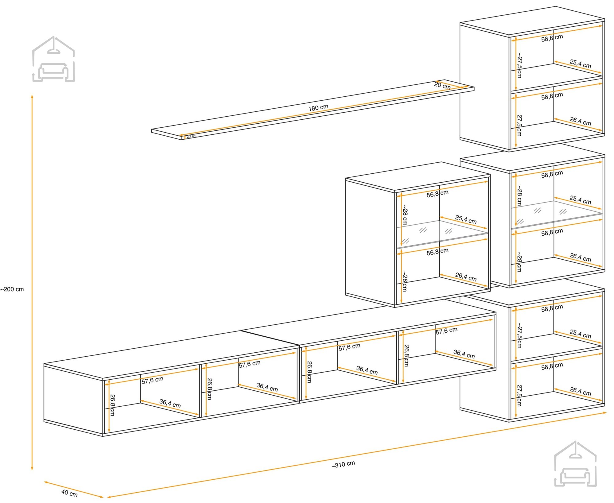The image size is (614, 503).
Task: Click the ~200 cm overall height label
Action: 12,289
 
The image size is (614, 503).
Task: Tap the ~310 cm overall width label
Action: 343,464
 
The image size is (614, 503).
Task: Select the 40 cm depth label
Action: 69,493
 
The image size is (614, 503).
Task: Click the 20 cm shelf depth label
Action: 442,85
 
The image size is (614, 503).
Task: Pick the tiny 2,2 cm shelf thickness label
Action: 192,136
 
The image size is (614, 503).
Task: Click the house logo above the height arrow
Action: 54,59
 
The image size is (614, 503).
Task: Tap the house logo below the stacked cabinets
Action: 575,464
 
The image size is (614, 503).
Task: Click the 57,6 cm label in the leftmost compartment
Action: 153,380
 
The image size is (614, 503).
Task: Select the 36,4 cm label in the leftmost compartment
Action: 170,403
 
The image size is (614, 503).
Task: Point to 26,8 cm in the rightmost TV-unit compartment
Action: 406,356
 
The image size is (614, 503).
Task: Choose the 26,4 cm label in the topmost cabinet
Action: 580,121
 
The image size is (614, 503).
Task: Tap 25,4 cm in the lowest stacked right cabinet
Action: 580,334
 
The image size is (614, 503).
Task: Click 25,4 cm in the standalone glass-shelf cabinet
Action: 466,219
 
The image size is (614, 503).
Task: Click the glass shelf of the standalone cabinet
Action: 442,233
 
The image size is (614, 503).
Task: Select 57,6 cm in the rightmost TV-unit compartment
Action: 447,331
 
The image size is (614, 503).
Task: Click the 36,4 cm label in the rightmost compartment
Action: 464,354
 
